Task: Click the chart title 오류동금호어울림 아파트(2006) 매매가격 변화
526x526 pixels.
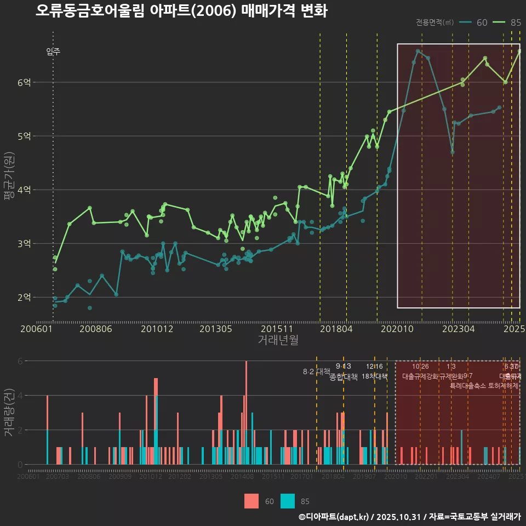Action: (x=181, y=11)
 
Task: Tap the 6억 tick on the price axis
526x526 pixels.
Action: (x=24, y=82)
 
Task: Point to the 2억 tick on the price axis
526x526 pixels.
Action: (x=24, y=297)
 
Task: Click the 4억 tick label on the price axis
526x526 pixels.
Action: (x=24, y=190)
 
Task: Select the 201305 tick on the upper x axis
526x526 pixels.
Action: (x=216, y=329)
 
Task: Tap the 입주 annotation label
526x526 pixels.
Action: (x=53, y=52)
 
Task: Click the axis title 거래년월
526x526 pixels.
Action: (x=278, y=340)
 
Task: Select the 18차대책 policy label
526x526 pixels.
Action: (x=374, y=376)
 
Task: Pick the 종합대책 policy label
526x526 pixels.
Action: (x=343, y=376)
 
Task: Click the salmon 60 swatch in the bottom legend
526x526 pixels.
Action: (x=251, y=501)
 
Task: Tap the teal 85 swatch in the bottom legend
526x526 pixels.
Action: (x=288, y=501)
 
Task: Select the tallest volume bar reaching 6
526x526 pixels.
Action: (x=246, y=412)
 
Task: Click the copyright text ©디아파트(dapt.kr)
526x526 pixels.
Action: (x=334, y=517)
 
